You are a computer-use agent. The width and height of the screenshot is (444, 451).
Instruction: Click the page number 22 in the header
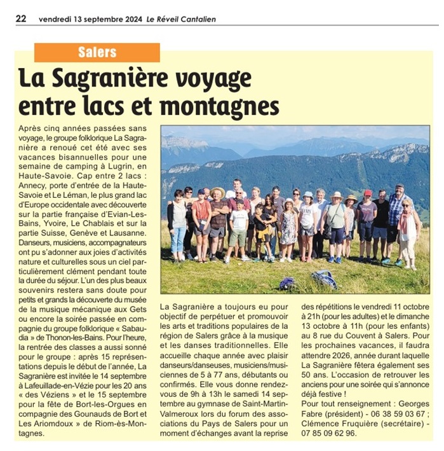tap(21, 18)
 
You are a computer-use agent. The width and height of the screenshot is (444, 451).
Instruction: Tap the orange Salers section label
tap(97, 52)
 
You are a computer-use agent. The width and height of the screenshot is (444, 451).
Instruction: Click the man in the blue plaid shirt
tap(396, 213)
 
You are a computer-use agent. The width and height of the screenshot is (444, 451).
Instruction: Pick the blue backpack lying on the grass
tap(325, 279)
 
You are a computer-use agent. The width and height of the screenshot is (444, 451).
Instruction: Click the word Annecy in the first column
tap(34, 179)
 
